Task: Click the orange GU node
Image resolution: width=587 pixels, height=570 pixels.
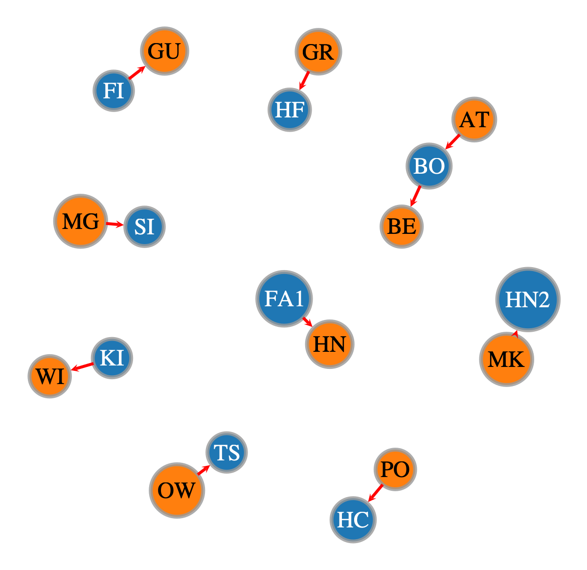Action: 164,51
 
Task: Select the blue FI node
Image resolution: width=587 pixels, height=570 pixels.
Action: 113,91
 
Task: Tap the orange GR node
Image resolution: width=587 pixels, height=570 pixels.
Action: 318,51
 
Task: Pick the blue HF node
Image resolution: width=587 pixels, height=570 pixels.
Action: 290,110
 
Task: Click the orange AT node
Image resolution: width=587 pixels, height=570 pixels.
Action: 474,119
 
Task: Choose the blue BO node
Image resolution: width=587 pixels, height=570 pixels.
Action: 429,166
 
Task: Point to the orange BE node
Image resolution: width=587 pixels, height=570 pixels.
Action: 401,227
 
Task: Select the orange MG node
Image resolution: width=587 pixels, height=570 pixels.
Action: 81,221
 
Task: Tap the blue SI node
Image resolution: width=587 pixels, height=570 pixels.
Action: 144,227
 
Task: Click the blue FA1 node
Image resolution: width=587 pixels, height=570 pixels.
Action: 284,298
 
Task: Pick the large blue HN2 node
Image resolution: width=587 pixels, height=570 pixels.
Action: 528,299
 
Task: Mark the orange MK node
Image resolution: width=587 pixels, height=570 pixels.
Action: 506,359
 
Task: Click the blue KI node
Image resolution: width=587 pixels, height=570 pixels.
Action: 112,358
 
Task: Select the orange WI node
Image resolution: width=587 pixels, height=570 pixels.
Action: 50,376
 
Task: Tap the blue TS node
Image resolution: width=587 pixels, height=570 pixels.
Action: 226,452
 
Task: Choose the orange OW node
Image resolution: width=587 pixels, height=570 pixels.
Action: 177,490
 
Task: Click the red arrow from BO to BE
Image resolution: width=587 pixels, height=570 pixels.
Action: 415,196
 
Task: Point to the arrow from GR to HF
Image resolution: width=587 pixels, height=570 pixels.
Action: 304,81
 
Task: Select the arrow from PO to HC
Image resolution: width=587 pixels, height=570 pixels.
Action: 376,493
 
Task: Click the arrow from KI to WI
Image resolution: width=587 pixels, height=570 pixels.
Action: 82,366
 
